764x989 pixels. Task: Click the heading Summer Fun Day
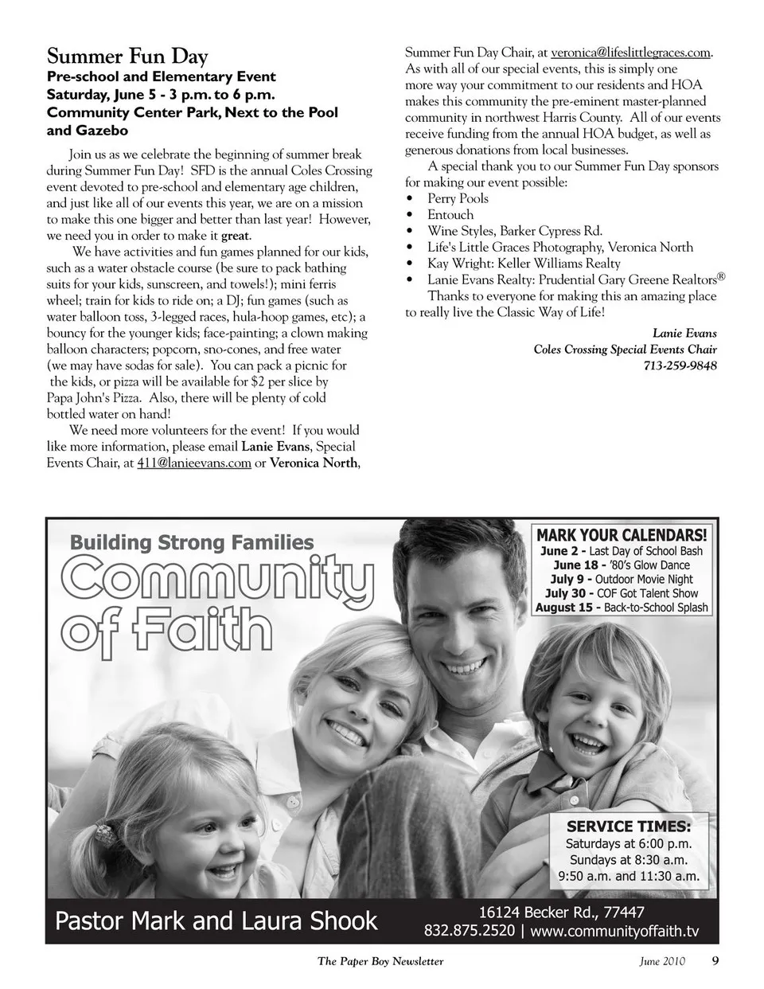(127, 57)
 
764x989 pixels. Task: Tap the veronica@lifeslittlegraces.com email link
(630, 53)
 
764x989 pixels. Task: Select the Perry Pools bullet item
(458, 198)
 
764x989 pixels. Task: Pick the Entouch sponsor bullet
(450, 215)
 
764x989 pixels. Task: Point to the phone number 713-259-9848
(680, 365)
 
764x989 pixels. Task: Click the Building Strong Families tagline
(192, 543)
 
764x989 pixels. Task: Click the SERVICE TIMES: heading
(629, 826)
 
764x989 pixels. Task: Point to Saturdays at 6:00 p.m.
(629, 843)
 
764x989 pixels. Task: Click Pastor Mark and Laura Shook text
(216, 921)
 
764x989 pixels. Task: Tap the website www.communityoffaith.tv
(614, 931)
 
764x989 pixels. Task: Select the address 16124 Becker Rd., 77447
(561, 912)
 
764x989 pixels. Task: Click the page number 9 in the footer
(715, 960)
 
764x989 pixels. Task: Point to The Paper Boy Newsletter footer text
(380, 961)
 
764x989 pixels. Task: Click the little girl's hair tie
(106, 835)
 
